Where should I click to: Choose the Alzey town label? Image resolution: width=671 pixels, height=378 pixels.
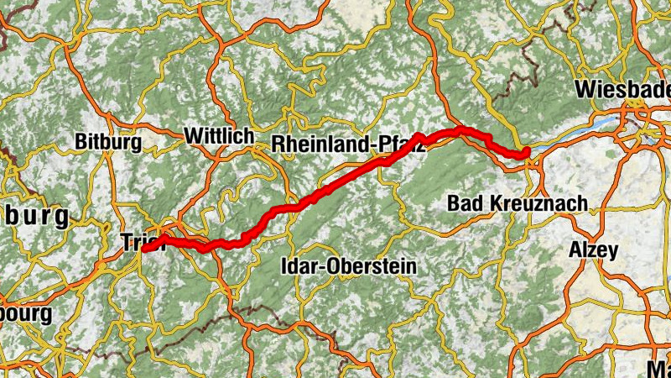click(593, 249)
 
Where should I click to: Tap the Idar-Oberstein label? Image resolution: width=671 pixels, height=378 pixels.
click(347, 266)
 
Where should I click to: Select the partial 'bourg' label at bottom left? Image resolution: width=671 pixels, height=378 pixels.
click(25, 314)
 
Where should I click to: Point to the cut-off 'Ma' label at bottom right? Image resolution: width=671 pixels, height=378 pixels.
click(659, 367)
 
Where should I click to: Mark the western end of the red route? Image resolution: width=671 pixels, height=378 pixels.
click(145, 249)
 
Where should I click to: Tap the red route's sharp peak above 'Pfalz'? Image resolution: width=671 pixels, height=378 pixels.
click(419, 134)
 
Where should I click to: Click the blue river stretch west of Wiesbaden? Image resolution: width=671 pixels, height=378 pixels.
click(579, 134)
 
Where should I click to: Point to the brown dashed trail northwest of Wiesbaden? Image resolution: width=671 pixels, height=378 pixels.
click(524, 50)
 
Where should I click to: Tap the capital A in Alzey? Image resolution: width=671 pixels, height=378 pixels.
click(575, 249)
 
